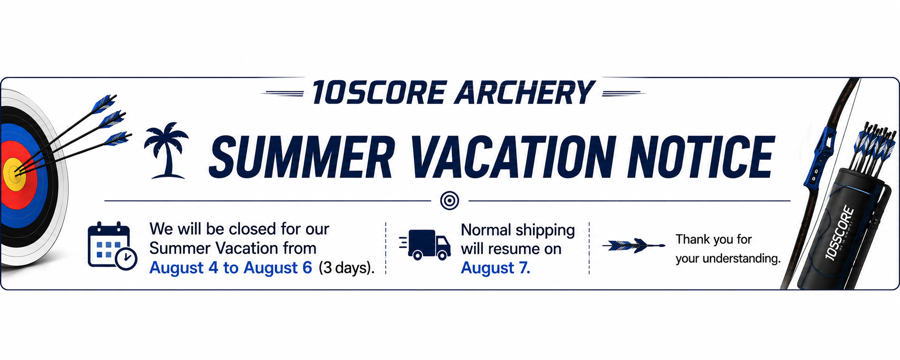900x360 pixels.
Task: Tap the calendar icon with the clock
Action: (x=112, y=246)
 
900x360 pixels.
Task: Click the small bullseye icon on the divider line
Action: (x=449, y=200)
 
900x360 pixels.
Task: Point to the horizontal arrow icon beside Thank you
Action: (x=634, y=246)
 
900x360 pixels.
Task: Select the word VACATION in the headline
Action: (x=510, y=157)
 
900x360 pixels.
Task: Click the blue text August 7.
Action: (x=496, y=268)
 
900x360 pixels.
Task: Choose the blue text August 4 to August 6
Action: (x=231, y=268)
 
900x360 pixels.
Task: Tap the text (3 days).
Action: (x=347, y=268)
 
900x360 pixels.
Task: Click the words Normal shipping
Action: (x=518, y=230)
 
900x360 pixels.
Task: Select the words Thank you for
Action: (x=713, y=239)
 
